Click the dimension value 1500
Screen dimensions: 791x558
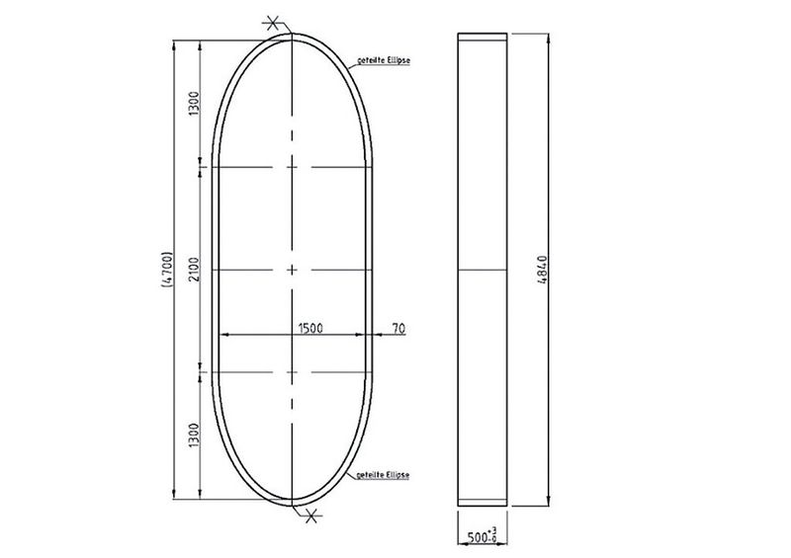point(310,328)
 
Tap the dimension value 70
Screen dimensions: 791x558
point(398,329)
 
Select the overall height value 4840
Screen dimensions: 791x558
point(542,270)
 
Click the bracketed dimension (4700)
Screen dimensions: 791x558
point(167,270)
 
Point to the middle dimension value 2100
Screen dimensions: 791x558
point(195,270)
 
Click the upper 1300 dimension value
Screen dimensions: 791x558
point(195,104)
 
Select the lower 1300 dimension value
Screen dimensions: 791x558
point(195,436)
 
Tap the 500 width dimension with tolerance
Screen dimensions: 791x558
point(482,536)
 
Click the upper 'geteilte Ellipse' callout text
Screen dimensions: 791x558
point(384,60)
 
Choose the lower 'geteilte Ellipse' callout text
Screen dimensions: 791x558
point(383,475)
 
